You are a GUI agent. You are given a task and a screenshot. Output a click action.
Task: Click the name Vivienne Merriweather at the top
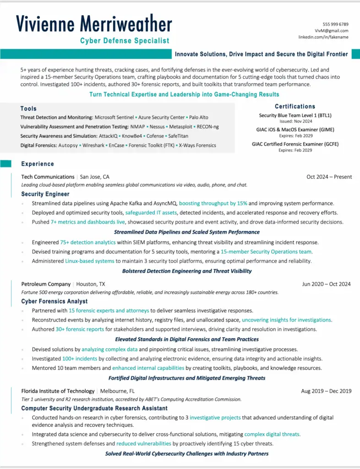coord(94,24)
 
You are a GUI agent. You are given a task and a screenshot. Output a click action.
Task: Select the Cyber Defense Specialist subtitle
coord(125,41)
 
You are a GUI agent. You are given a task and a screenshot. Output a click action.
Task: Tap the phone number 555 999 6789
coord(335,24)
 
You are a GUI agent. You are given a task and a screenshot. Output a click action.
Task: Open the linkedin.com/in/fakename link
coord(323,37)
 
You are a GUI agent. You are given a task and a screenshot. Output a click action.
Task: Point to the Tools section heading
coord(28,109)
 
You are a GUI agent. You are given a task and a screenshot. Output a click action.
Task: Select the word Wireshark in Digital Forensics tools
coord(93,145)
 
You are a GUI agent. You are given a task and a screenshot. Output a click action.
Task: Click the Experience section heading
coord(38,164)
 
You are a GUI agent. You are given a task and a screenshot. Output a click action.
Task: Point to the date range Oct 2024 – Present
coord(329,177)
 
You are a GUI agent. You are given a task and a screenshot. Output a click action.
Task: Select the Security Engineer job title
coord(45,194)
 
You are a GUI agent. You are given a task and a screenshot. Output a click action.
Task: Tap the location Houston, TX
coord(91,284)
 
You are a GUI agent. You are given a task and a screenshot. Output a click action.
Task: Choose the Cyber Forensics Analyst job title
coord(55,301)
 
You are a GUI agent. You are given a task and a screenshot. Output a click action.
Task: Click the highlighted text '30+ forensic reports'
coord(80,329)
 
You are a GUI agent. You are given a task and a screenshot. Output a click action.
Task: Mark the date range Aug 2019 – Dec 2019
coord(326,391)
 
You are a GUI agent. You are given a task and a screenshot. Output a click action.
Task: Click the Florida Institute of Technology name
coord(58,391)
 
